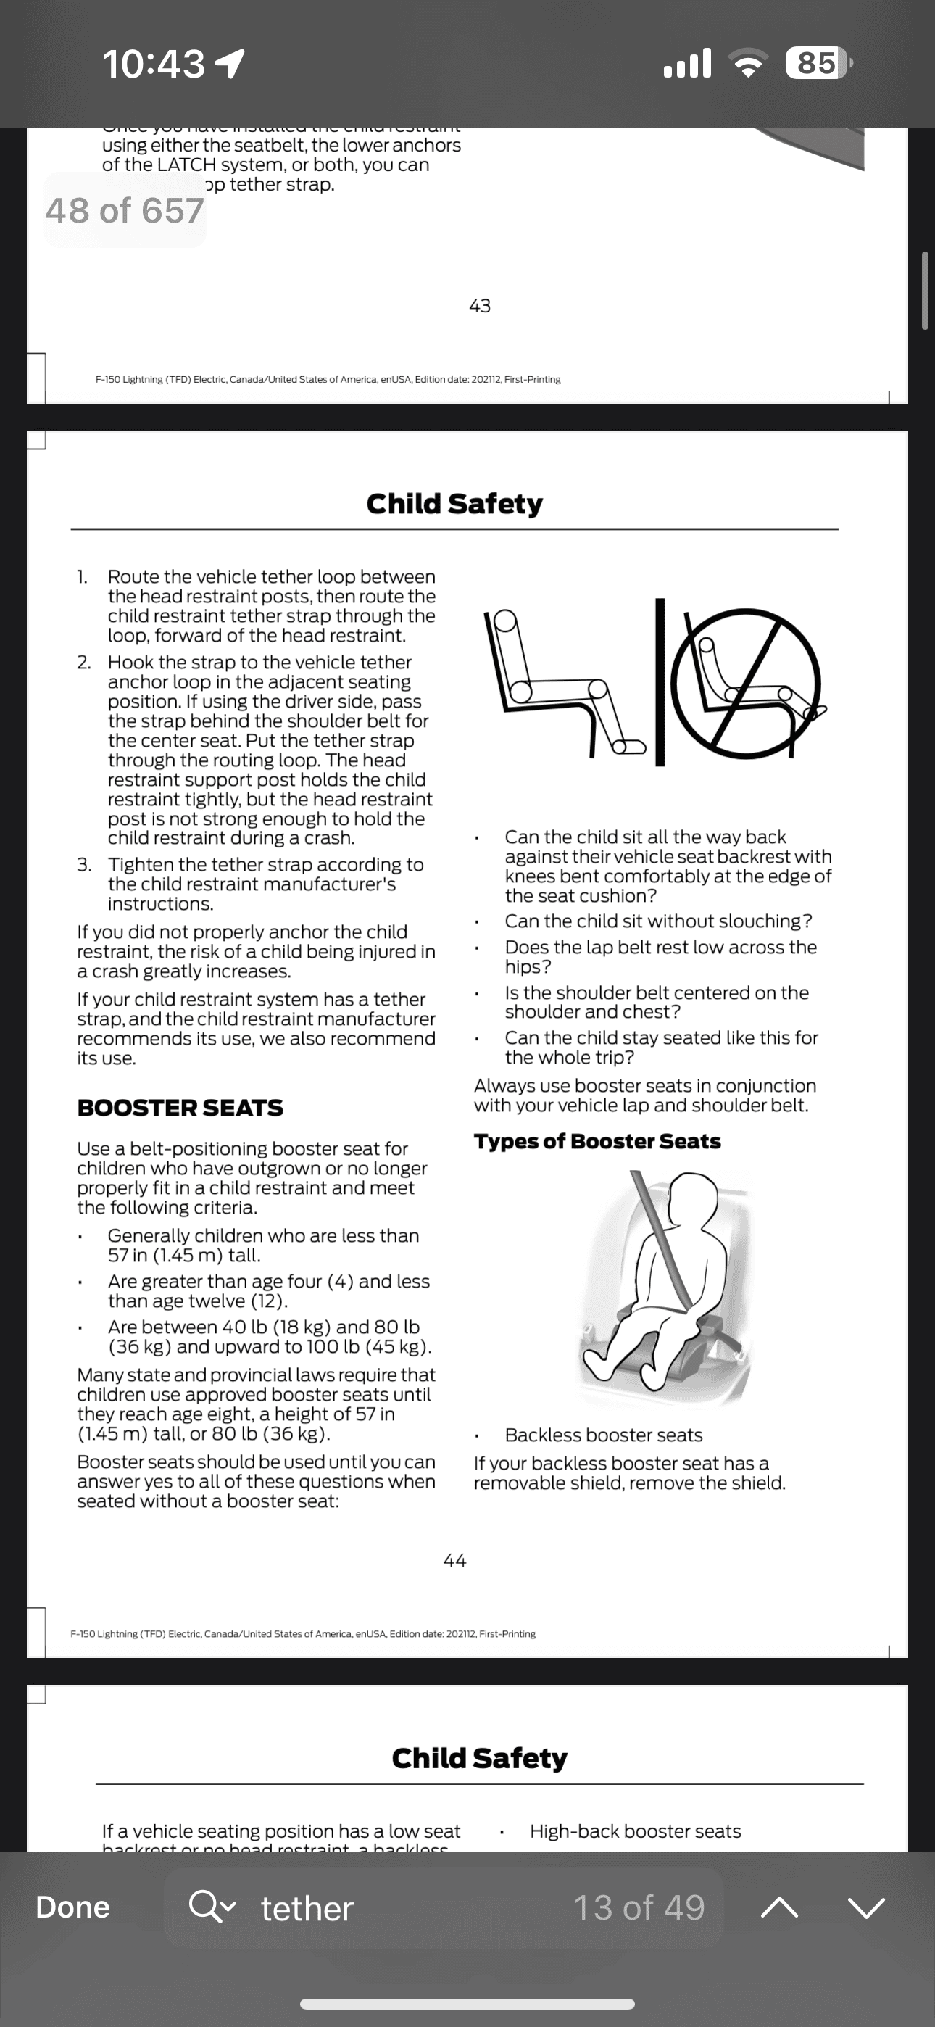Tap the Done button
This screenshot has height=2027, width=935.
point(72,1907)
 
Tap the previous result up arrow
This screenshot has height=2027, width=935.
point(779,1907)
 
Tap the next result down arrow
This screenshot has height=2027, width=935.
point(867,1907)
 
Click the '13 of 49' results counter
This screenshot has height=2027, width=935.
point(639,1907)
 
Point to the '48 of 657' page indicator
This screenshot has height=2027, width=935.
point(125,210)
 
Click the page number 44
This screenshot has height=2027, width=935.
point(455,1560)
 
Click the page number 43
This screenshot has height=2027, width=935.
point(480,305)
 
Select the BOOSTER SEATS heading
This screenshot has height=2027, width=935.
point(180,1108)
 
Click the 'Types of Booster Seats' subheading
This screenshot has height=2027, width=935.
point(597,1141)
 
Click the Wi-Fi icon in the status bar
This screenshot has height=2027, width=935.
point(748,63)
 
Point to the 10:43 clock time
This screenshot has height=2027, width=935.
point(154,63)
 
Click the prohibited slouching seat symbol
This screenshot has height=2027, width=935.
point(744,683)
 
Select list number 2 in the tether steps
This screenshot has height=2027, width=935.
point(83,663)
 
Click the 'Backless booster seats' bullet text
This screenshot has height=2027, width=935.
point(604,1435)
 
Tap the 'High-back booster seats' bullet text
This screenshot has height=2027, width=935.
point(635,1831)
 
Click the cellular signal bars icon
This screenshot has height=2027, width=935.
point(688,63)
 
